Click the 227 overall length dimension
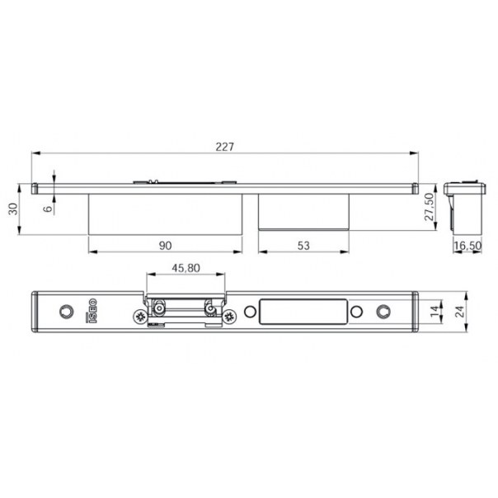tap(224, 147)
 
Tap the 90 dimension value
tap(165, 246)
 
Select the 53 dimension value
tap(303, 246)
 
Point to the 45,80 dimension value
tap(186, 268)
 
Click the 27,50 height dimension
tap(429, 207)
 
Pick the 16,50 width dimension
tap(467, 246)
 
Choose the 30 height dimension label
tap(13, 209)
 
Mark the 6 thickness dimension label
tap(47, 209)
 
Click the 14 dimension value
tap(435, 311)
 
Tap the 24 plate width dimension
tap(459, 312)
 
